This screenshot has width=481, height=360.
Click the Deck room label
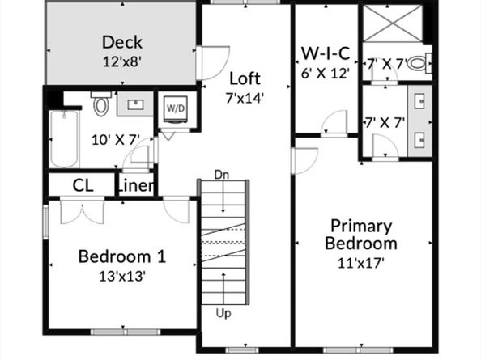pos(122,42)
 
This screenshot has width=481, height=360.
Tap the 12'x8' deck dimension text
pos(122,61)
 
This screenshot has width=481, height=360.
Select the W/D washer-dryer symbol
pos(176,108)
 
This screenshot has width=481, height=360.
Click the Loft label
pos(245,78)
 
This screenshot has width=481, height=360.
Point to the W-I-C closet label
pos(326,54)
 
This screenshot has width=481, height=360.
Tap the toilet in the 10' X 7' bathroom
pos(101,104)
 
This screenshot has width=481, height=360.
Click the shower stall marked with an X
pos(392,23)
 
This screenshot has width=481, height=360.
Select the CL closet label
pos(83,185)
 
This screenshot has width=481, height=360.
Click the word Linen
pos(137,185)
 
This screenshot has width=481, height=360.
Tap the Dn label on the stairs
pos(222,174)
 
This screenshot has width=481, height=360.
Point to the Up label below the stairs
pos(223,311)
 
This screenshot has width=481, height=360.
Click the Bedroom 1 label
pos(122,257)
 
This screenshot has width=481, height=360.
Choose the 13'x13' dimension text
pos(122,276)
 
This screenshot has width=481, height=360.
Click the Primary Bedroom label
pos(360,235)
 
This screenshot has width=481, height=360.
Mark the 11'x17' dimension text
pos(360,262)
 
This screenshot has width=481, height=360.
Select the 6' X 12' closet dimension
pos(325,72)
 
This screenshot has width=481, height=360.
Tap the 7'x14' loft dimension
pos(245,98)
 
